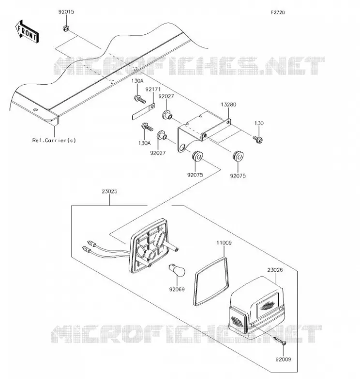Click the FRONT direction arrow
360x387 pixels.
coord(27,31)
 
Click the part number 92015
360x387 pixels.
coord(66,12)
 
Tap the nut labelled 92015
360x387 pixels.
coord(66,29)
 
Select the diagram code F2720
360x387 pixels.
coord(278,13)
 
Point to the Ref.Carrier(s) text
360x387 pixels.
coord(54,140)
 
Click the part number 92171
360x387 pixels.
coord(153,89)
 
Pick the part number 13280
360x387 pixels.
coord(228,104)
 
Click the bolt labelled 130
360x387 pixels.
coord(258,140)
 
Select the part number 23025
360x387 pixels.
coord(109,192)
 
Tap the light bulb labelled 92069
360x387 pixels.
coord(177,270)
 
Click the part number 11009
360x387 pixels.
coord(224,243)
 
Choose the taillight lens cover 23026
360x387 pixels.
coord(256,308)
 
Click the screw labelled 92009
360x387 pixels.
coord(280,341)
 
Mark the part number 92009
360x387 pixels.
coord(283,359)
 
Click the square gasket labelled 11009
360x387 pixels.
coord(210,281)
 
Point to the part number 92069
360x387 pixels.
coord(177,289)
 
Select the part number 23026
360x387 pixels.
coord(275,270)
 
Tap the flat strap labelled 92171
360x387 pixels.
coord(143,112)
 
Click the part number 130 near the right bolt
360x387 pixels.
coord(259,123)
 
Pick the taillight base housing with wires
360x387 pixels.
coord(148,246)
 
